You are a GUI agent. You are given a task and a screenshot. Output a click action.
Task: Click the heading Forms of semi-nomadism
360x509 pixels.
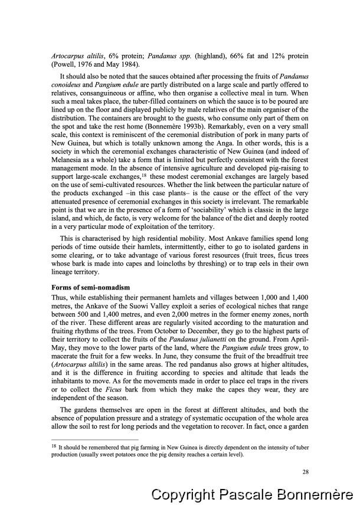click(x=89, y=287)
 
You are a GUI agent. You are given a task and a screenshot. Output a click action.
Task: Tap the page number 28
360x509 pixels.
click(x=305, y=471)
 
